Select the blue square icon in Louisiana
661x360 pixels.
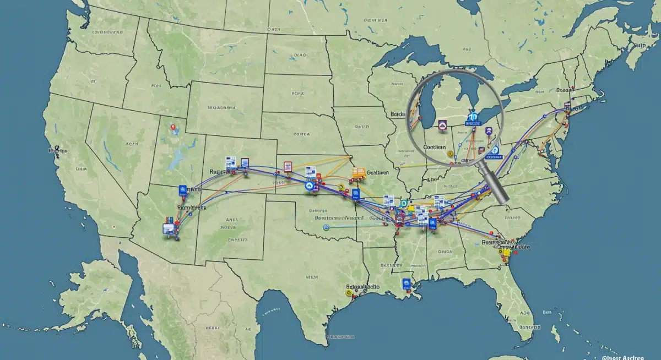(407, 283)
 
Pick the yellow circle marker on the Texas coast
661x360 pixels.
(348, 293)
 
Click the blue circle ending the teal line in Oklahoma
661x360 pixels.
(326, 226)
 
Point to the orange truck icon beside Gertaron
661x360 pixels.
(359, 173)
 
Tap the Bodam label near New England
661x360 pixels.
(564, 90)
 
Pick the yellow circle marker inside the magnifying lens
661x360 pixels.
(451, 155)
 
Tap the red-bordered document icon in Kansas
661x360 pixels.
(287, 167)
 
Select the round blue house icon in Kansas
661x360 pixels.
(308, 186)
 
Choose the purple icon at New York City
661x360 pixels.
(567, 105)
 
